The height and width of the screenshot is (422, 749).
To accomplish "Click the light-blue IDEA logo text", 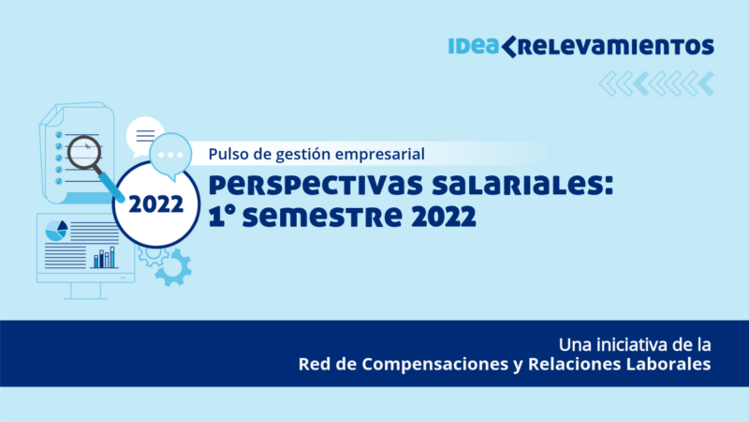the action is click(473, 46).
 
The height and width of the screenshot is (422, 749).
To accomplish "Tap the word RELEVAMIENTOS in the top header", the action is click(616, 47).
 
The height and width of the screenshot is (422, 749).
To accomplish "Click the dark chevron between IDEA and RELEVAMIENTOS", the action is click(508, 46).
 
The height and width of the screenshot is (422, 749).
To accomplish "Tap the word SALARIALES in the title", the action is click(522, 185).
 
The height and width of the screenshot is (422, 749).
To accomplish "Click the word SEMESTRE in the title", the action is click(323, 217).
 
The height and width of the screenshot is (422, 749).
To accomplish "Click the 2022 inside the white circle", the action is click(156, 204).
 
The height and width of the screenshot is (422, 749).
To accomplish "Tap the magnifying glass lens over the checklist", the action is click(84, 153).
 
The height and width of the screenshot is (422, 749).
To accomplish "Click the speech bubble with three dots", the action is click(170, 156).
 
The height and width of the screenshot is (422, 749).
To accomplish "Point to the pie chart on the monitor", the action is click(56, 231).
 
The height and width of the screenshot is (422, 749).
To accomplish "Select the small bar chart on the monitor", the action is click(105, 257).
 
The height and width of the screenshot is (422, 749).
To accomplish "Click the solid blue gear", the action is click(173, 268).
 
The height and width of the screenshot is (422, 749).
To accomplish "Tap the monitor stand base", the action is click(86, 297).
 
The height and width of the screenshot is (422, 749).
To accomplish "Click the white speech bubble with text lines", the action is click(144, 135).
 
